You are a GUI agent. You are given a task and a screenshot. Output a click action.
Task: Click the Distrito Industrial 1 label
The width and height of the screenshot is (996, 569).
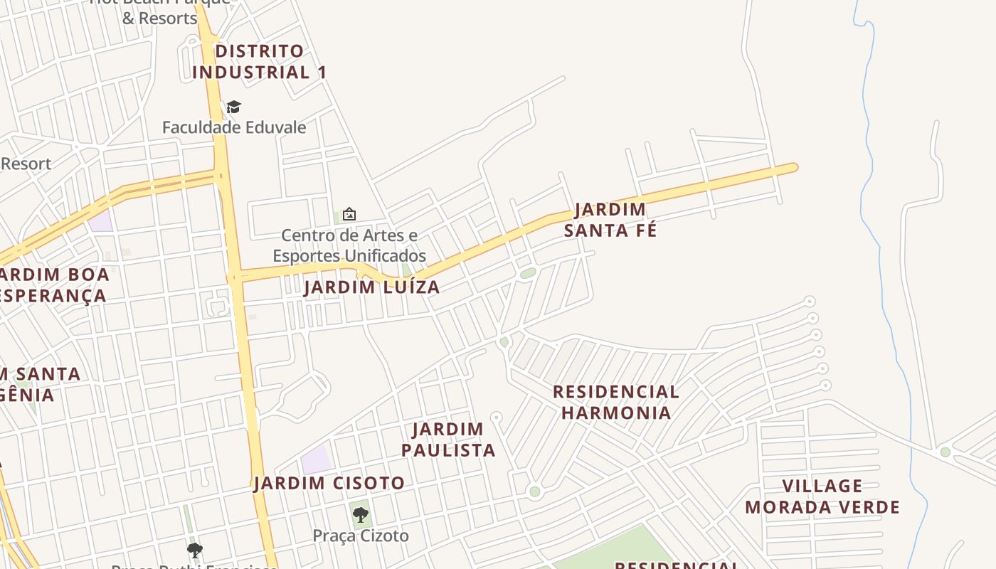[x=259, y=62]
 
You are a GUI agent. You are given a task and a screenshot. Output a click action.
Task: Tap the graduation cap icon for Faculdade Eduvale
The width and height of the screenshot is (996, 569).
[x=233, y=107]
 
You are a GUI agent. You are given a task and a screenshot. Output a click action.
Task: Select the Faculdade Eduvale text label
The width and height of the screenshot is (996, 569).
[x=234, y=127]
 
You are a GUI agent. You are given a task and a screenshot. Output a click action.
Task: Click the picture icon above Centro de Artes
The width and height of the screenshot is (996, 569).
[x=349, y=213]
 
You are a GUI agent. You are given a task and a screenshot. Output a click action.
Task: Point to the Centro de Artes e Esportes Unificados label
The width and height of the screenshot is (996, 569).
[x=349, y=245]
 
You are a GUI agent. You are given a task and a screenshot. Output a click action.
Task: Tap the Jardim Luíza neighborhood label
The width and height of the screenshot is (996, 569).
[x=371, y=287]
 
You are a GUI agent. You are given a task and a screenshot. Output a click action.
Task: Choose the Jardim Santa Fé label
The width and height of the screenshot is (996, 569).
[x=610, y=220]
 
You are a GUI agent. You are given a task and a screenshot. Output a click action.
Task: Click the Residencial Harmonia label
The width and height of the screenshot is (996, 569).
[x=615, y=402]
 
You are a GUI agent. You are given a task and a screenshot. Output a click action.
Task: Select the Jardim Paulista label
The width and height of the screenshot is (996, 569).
[x=448, y=440]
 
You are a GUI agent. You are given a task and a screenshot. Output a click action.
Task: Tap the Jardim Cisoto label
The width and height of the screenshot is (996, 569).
[x=329, y=484]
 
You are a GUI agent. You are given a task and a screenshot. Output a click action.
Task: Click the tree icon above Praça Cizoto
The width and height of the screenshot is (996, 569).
[x=360, y=514]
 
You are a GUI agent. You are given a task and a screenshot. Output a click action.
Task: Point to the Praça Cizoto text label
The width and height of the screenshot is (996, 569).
[x=361, y=536]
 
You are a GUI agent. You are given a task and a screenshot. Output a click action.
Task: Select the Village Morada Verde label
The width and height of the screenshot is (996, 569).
[x=822, y=496]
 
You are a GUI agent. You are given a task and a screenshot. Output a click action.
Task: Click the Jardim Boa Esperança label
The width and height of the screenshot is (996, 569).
[x=53, y=284]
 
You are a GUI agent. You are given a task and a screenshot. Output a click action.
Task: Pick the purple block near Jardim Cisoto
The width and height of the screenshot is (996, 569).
[x=316, y=459]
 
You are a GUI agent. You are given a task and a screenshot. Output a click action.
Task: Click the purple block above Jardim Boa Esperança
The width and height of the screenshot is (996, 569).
[x=100, y=221]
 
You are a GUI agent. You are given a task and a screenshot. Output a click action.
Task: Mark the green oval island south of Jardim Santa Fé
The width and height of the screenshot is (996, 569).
[x=527, y=273]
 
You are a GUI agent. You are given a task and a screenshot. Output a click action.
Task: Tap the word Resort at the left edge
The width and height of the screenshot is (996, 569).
[x=26, y=164]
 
